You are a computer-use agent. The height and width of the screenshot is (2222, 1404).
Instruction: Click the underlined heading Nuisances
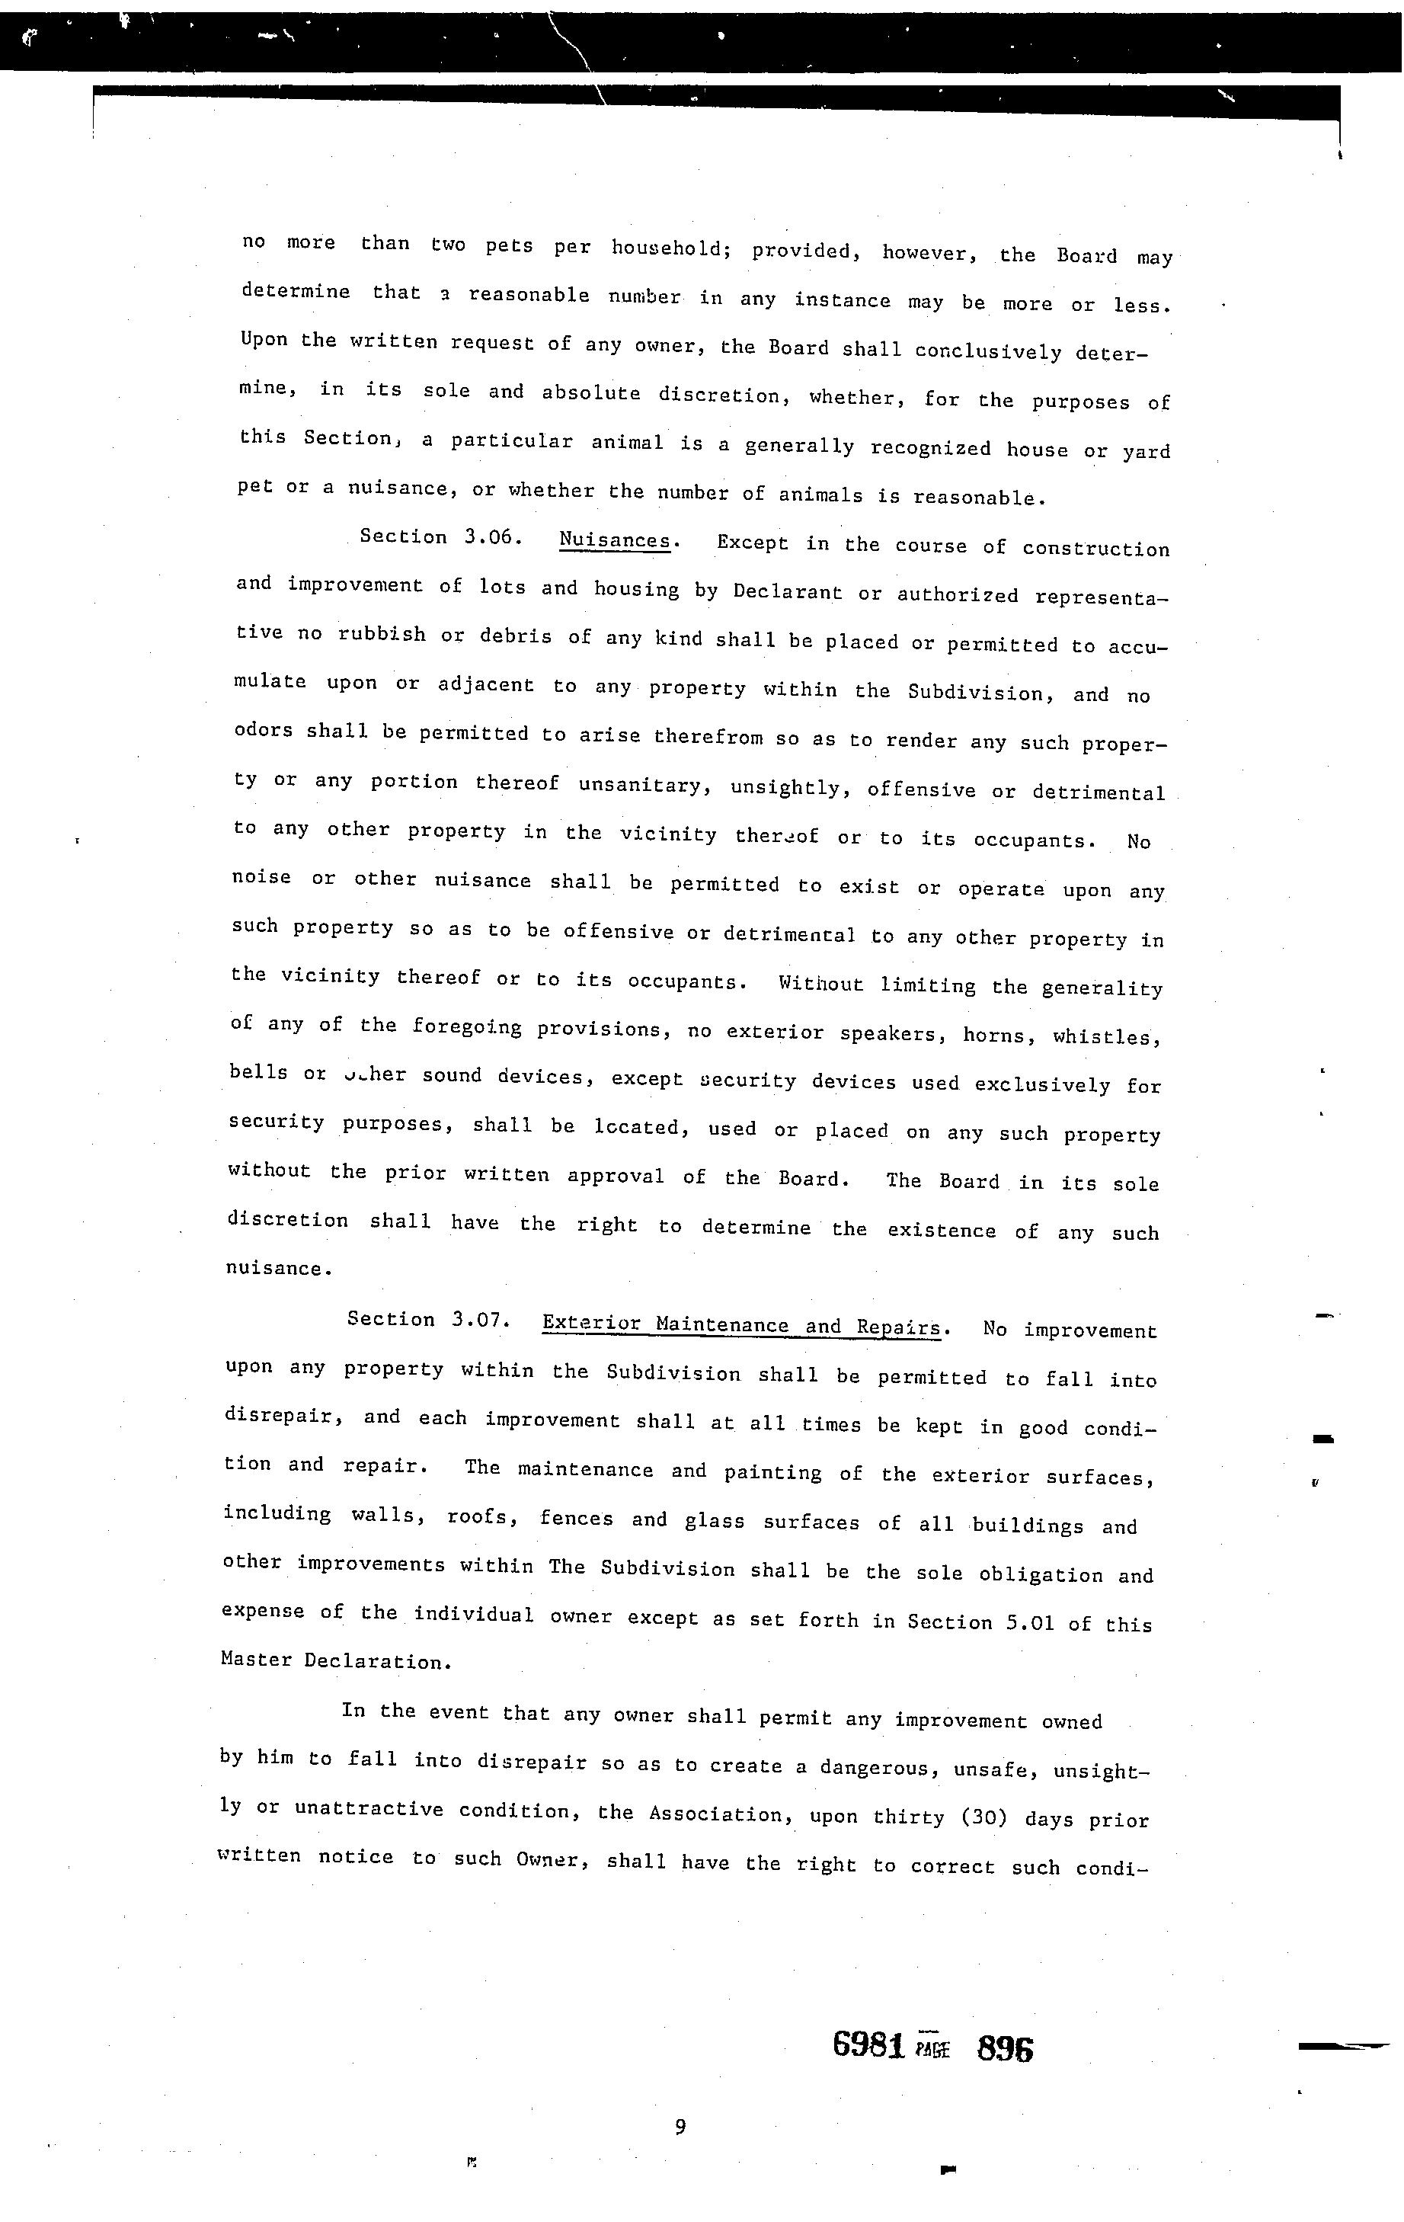point(614,541)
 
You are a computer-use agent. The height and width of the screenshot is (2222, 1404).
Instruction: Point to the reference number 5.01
point(1029,1623)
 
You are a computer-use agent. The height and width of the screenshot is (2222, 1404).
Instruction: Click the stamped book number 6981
point(867,2046)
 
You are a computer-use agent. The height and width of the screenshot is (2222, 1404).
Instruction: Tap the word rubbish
point(381,634)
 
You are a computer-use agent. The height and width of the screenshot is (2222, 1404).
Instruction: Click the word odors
point(262,730)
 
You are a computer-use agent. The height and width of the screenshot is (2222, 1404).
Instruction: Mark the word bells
point(258,1072)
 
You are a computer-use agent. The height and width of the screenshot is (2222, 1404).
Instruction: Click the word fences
point(576,1518)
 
